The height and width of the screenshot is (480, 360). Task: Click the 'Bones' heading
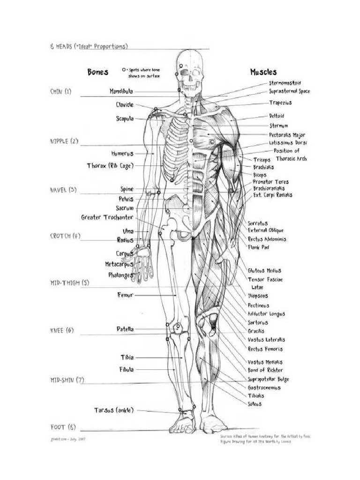pos(97,72)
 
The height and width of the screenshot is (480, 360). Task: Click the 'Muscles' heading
pos(263,72)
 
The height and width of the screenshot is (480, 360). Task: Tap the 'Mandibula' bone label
pos(121,91)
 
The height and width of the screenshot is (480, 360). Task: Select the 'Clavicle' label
pos(125,105)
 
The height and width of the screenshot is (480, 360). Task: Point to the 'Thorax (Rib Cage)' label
pos(110,165)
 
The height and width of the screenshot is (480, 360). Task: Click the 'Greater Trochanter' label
pos(107,217)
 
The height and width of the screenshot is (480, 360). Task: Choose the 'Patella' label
pos(125,329)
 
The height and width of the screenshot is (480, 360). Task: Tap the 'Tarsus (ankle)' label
pos(114,410)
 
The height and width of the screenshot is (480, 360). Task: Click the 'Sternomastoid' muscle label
pos(285,83)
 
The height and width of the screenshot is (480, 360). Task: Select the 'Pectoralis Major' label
pos(287,135)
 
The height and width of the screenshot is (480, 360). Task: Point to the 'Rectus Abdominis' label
pos(273,239)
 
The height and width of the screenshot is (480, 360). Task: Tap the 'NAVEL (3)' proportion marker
pos(63,190)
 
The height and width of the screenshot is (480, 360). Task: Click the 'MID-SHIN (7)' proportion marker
pos(67,380)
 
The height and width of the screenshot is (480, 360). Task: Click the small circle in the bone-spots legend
pos(124,69)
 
